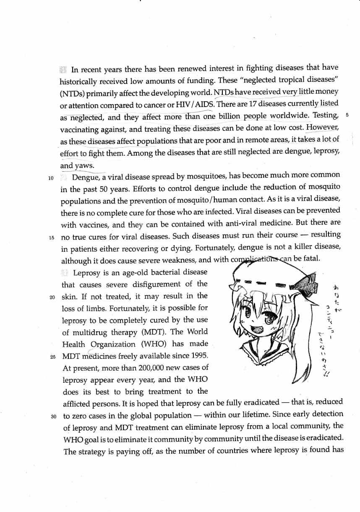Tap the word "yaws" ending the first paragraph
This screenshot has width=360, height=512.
[84, 166]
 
